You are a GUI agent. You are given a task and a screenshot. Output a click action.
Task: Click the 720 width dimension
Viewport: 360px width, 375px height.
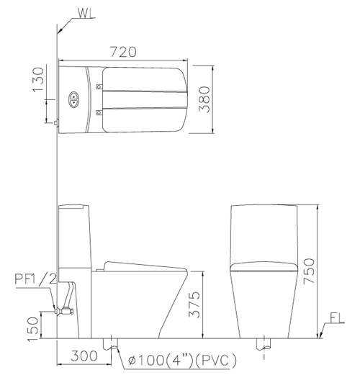pos(123,52)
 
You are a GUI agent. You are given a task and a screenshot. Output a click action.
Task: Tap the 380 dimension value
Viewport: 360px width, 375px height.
pos(204,99)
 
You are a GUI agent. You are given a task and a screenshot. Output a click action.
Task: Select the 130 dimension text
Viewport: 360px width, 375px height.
pos(38,80)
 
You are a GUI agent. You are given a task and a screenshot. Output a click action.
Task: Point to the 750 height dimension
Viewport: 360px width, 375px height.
pos(309,271)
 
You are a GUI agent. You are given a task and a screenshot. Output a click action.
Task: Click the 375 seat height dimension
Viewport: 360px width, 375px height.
pos(194,304)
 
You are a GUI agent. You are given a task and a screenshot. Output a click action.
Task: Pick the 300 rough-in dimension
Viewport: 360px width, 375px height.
pos(84,356)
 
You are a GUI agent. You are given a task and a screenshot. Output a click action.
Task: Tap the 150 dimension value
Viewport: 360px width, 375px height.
pos(32,329)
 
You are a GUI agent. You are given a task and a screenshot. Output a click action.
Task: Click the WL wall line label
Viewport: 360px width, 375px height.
pos(85,13)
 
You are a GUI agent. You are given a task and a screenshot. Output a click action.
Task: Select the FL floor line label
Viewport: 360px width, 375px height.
pos(337,318)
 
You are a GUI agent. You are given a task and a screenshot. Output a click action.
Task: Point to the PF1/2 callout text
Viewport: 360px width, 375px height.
pos(36,279)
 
